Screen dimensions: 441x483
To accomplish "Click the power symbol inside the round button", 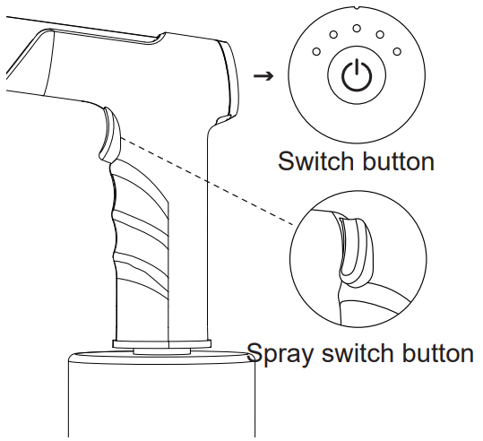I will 357,77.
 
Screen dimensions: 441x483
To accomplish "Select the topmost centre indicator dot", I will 357,28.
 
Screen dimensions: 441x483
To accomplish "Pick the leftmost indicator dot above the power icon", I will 315,52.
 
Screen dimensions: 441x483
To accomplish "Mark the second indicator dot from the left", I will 332,35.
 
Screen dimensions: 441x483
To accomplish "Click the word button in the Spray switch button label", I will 435,352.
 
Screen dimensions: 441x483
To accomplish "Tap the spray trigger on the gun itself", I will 108,132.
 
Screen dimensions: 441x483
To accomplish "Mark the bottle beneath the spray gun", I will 161,399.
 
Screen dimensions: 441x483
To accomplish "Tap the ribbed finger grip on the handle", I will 125,224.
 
